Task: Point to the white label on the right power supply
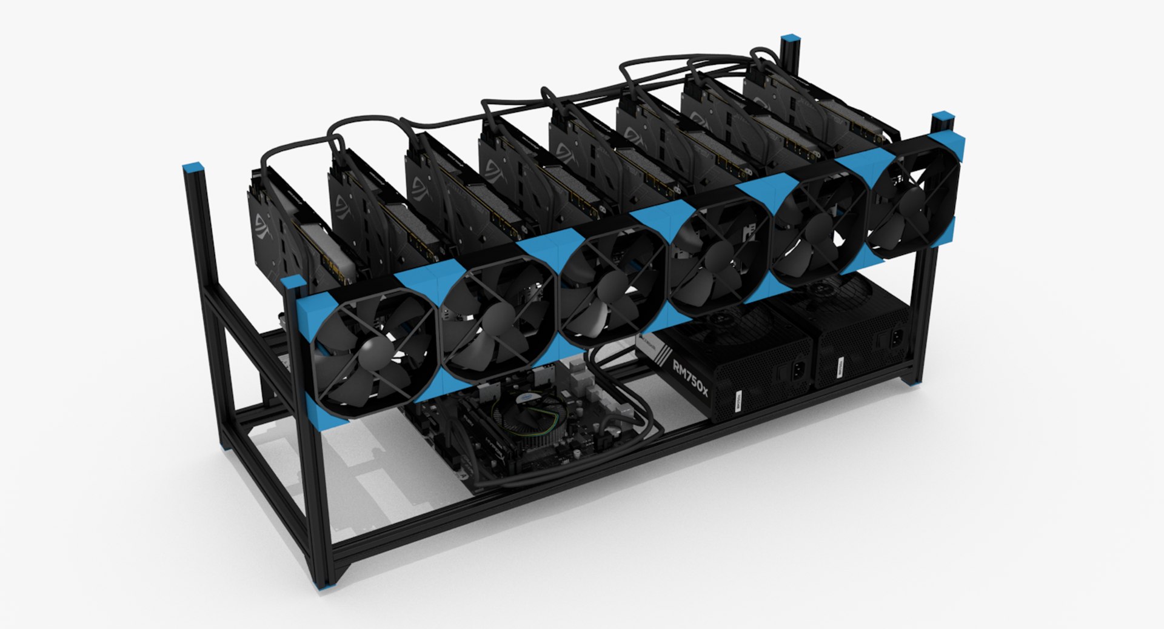[x=840, y=365]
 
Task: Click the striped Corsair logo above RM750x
[x=652, y=348]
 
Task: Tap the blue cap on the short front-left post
[x=292, y=283]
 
